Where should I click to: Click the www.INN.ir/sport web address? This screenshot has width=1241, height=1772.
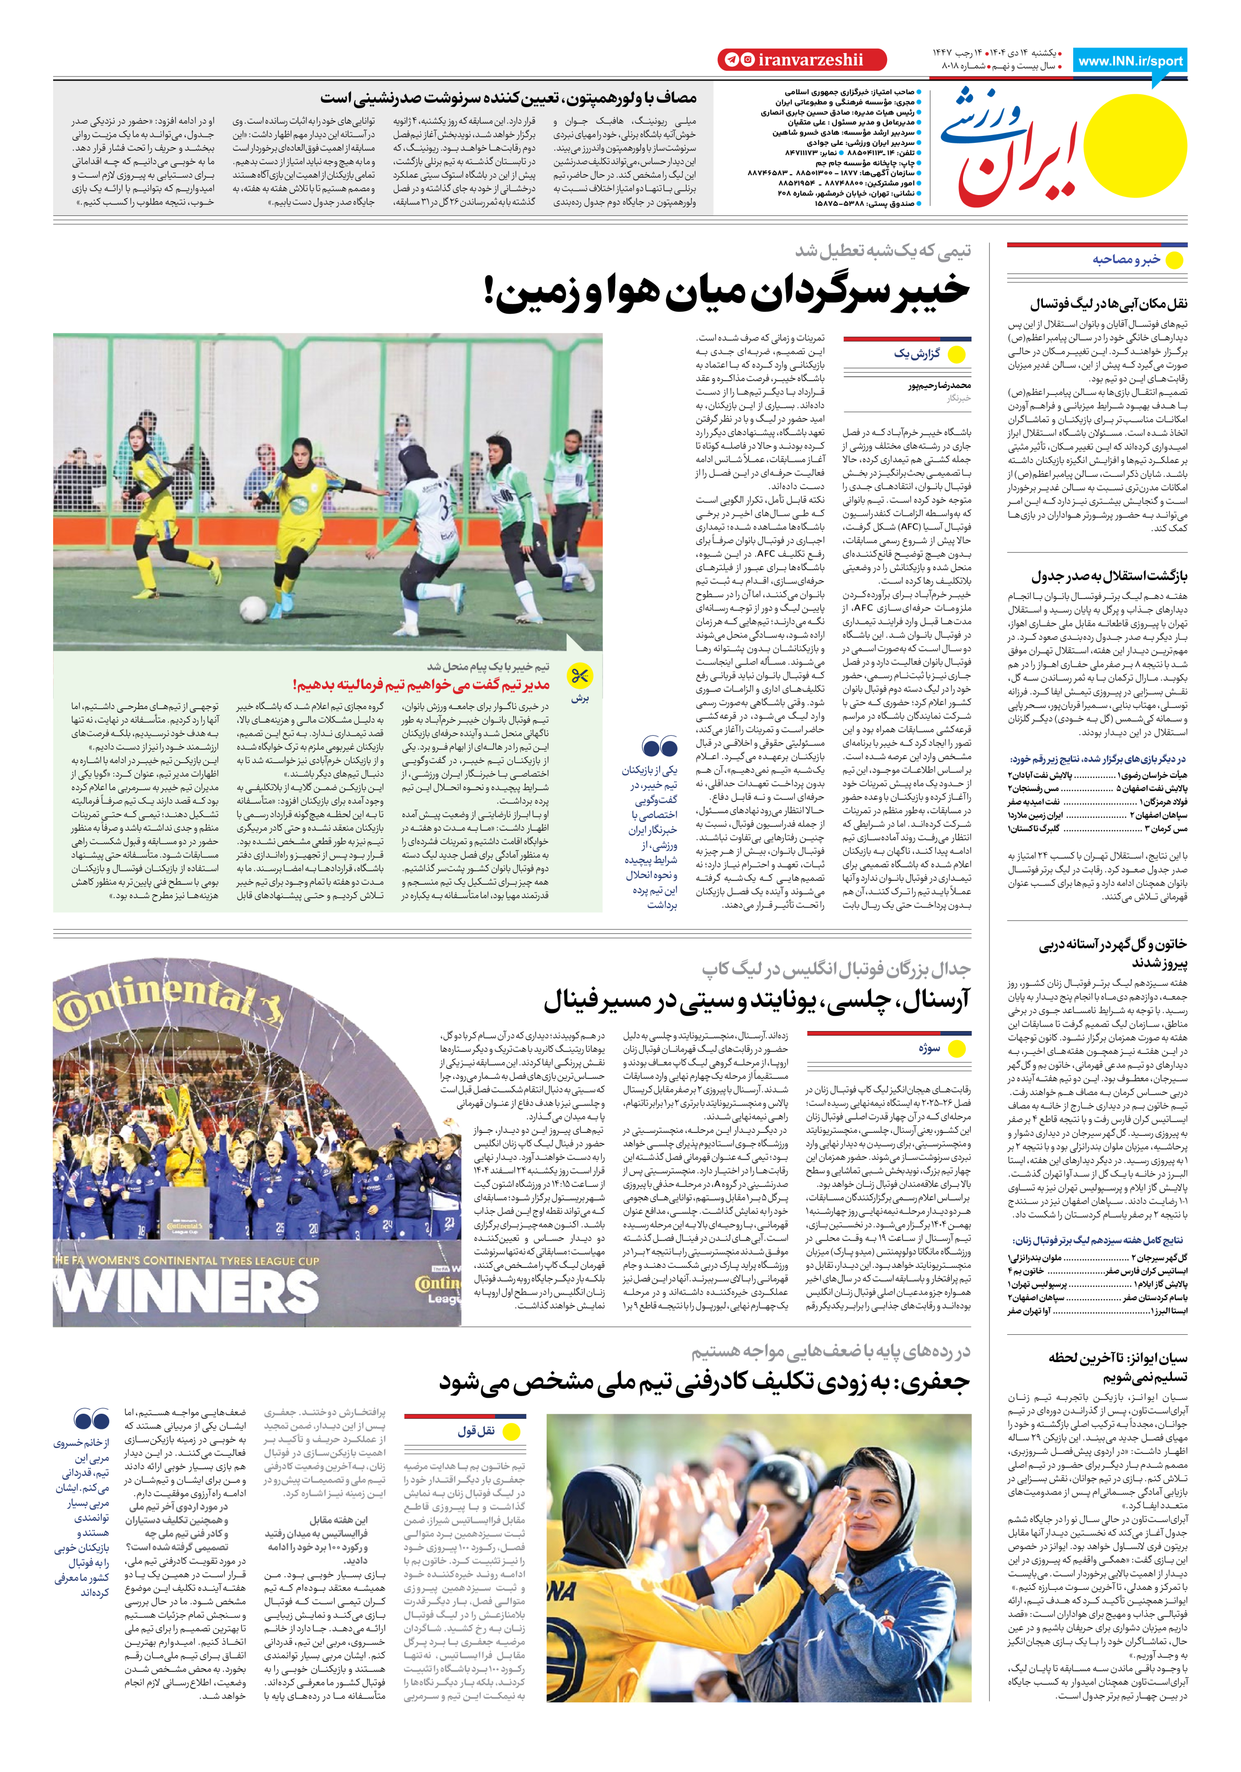(x=1130, y=61)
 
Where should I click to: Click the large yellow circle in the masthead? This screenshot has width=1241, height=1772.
(x=1139, y=145)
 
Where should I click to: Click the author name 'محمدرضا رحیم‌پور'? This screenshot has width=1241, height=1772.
(x=939, y=385)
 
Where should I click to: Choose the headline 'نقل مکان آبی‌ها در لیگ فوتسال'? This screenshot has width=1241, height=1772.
(x=1108, y=304)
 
